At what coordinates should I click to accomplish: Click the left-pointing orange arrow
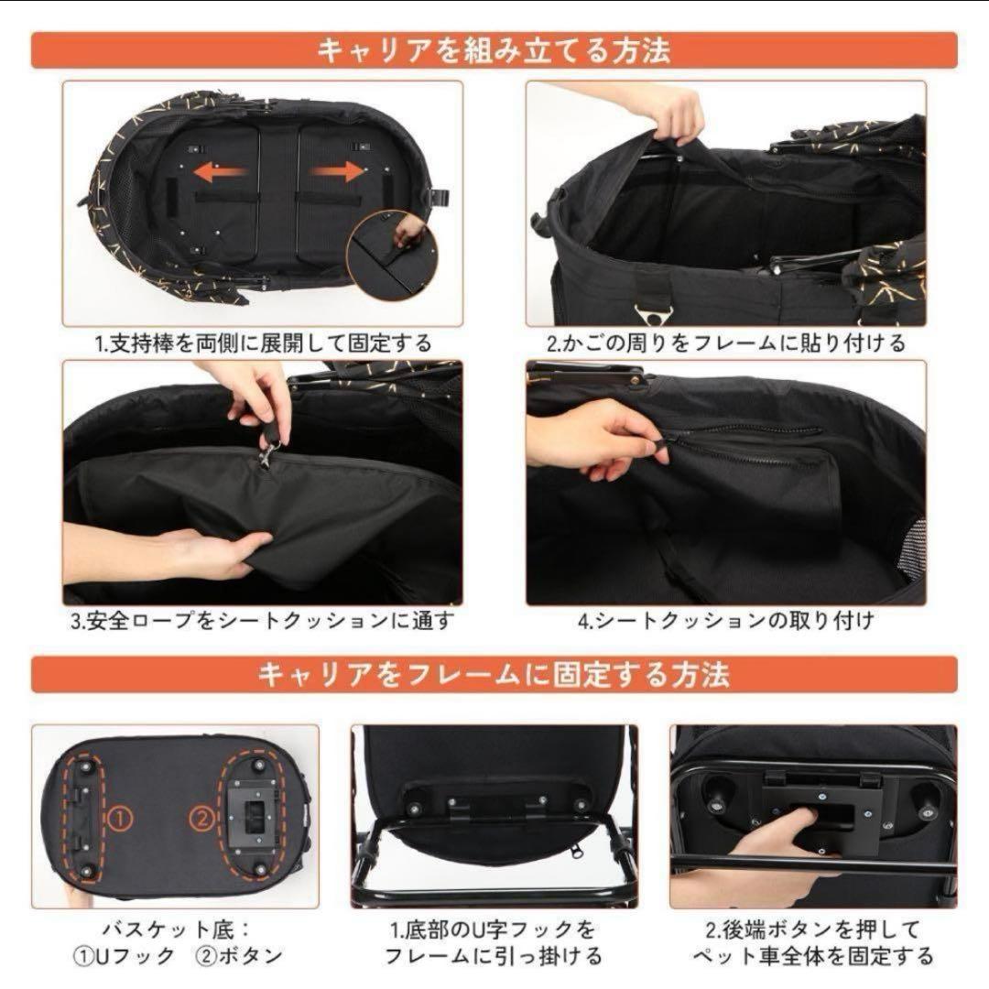point(221,172)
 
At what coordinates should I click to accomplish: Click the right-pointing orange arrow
point(337,171)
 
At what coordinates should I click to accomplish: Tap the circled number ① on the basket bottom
point(121,819)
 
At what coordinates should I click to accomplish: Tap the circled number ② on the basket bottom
point(201,819)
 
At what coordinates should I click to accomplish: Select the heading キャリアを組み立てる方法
point(494,50)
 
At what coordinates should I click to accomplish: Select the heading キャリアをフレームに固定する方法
point(494,674)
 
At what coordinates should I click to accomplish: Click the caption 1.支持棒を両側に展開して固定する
point(263,343)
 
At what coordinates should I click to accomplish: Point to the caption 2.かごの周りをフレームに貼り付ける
point(726,343)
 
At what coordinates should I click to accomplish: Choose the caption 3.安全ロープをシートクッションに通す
point(263,621)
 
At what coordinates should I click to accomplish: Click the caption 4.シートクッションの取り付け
point(726,621)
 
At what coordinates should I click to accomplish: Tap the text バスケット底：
point(178,929)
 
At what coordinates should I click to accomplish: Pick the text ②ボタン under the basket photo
point(240,956)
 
